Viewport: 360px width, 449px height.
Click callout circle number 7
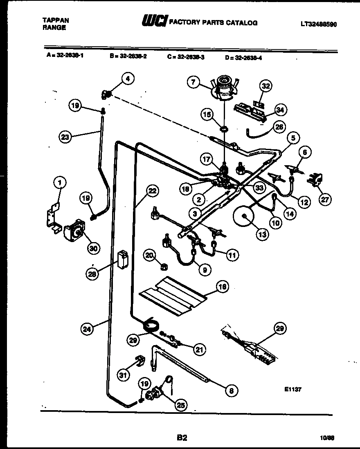tap(193, 82)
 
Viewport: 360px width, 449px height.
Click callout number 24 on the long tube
tap(87, 328)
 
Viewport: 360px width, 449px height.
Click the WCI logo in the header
tap(153, 22)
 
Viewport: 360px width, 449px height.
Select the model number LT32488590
tap(319, 24)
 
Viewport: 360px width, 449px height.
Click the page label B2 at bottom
tap(182, 438)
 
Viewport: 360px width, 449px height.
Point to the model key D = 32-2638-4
tap(243, 58)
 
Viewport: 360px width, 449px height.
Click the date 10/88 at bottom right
tap(327, 438)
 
